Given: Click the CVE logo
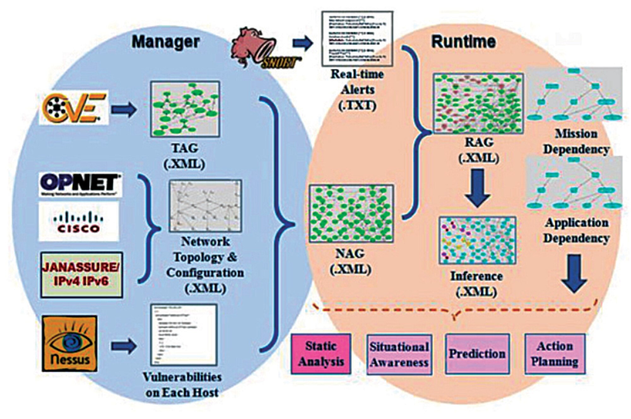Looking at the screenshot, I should point(74,108).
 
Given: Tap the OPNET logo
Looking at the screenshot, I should point(80,184).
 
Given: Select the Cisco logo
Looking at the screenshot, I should point(79,222).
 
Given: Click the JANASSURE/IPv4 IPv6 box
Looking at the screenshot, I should point(81,275).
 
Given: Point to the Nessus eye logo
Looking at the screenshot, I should point(70,343).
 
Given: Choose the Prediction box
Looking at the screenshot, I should point(477,354).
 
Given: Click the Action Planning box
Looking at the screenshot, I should point(555,354).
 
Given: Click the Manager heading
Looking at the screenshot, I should point(166,42).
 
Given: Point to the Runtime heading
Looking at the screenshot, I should point(463,42).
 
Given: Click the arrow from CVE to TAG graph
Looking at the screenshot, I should point(124,109).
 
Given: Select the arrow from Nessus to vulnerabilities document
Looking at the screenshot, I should point(124,346).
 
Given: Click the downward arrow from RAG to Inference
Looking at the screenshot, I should point(477,188).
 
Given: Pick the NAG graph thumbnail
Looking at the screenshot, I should point(351,213).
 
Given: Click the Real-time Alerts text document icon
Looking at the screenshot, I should point(357,39).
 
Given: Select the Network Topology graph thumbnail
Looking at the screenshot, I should point(205,206).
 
